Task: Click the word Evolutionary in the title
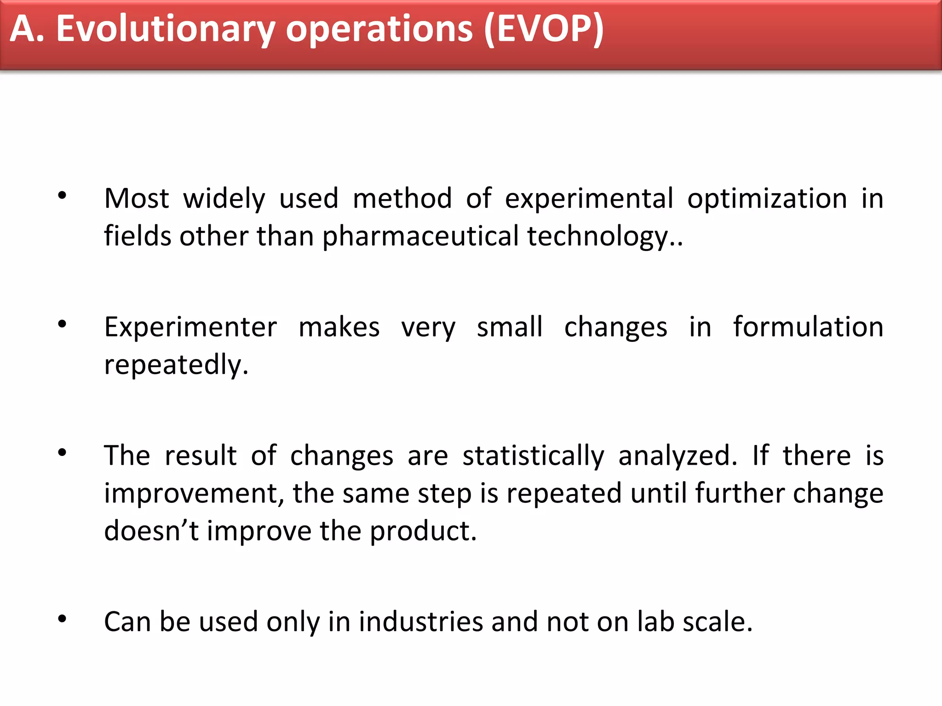point(165,29)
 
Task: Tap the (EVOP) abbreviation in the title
point(544,29)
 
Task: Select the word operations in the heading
point(379,29)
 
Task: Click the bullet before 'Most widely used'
point(62,196)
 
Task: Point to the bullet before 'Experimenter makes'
point(62,325)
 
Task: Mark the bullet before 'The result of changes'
point(62,453)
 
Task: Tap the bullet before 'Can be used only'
point(62,619)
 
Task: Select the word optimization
point(767,199)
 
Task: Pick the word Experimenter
point(190,327)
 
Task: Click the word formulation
point(808,327)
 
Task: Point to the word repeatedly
point(176,365)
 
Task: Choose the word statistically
point(533,456)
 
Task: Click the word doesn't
point(151,530)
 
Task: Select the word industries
point(420,622)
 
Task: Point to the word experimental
point(589,199)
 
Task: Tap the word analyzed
point(677,456)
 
